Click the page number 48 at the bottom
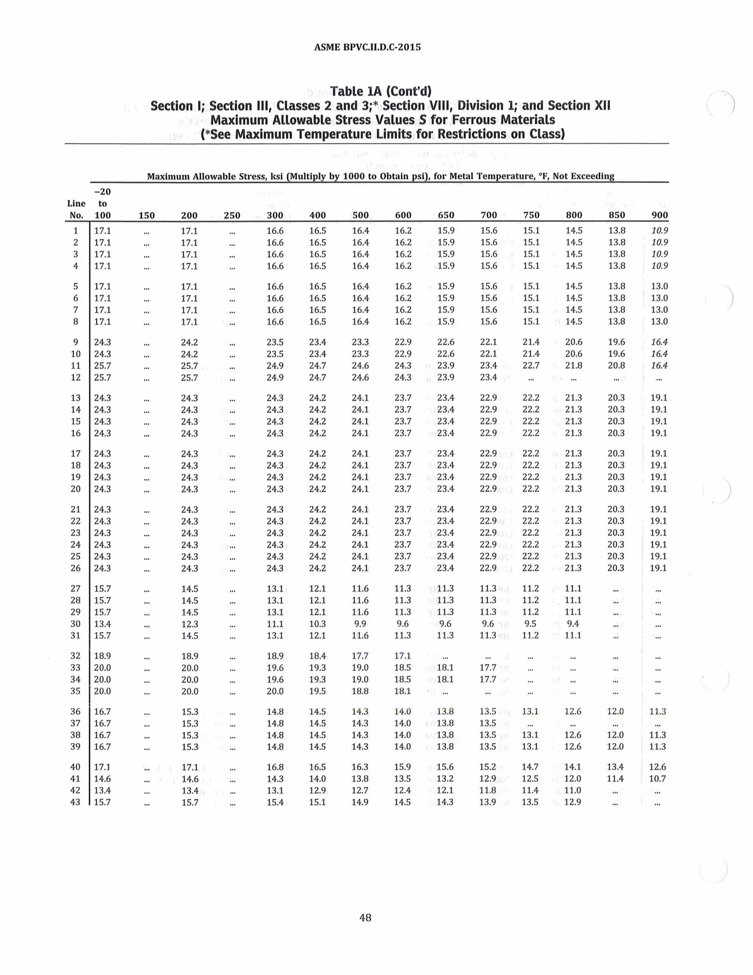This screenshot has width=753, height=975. click(x=365, y=917)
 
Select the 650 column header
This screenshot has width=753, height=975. click(x=446, y=215)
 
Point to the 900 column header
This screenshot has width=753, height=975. click(x=659, y=215)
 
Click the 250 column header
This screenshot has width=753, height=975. click(x=232, y=216)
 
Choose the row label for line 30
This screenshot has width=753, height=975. click(x=75, y=624)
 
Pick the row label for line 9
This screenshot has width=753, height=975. click(x=75, y=342)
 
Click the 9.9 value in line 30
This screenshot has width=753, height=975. click(x=360, y=624)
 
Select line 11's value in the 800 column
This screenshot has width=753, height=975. click(x=574, y=366)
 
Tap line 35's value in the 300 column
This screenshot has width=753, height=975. click(x=275, y=691)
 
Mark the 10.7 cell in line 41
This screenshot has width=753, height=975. click(x=657, y=779)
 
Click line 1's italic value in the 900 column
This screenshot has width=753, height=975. click(x=659, y=231)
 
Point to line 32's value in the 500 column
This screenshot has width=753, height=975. click(x=360, y=656)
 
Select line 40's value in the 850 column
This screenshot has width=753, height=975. click(x=615, y=767)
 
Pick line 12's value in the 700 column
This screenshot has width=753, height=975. click(x=488, y=377)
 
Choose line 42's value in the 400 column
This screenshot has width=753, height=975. click(x=317, y=790)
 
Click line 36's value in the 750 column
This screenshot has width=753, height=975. click(x=530, y=711)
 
